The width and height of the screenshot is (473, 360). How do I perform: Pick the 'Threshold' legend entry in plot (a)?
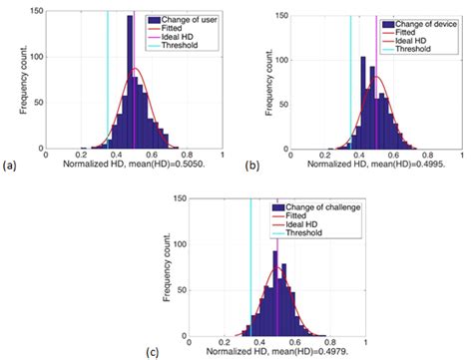[176, 46]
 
